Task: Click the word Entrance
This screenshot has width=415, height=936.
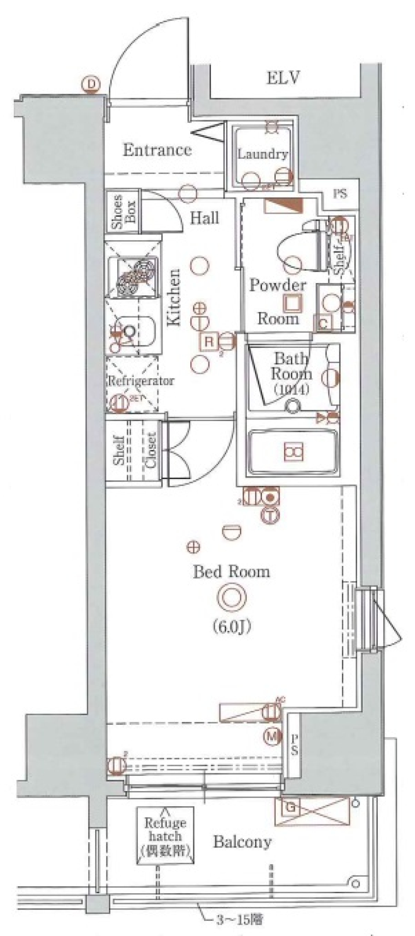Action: (157, 150)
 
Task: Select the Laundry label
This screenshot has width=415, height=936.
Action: (262, 154)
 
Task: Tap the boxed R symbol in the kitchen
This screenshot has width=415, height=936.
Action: (209, 341)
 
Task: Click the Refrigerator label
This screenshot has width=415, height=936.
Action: (140, 381)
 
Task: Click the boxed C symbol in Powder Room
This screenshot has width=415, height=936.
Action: (324, 323)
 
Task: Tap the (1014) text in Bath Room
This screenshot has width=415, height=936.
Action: (290, 389)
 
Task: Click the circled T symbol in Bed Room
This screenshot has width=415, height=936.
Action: (270, 515)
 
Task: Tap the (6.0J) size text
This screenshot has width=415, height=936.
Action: (232, 626)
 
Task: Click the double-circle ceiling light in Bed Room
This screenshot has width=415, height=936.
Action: (232, 597)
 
